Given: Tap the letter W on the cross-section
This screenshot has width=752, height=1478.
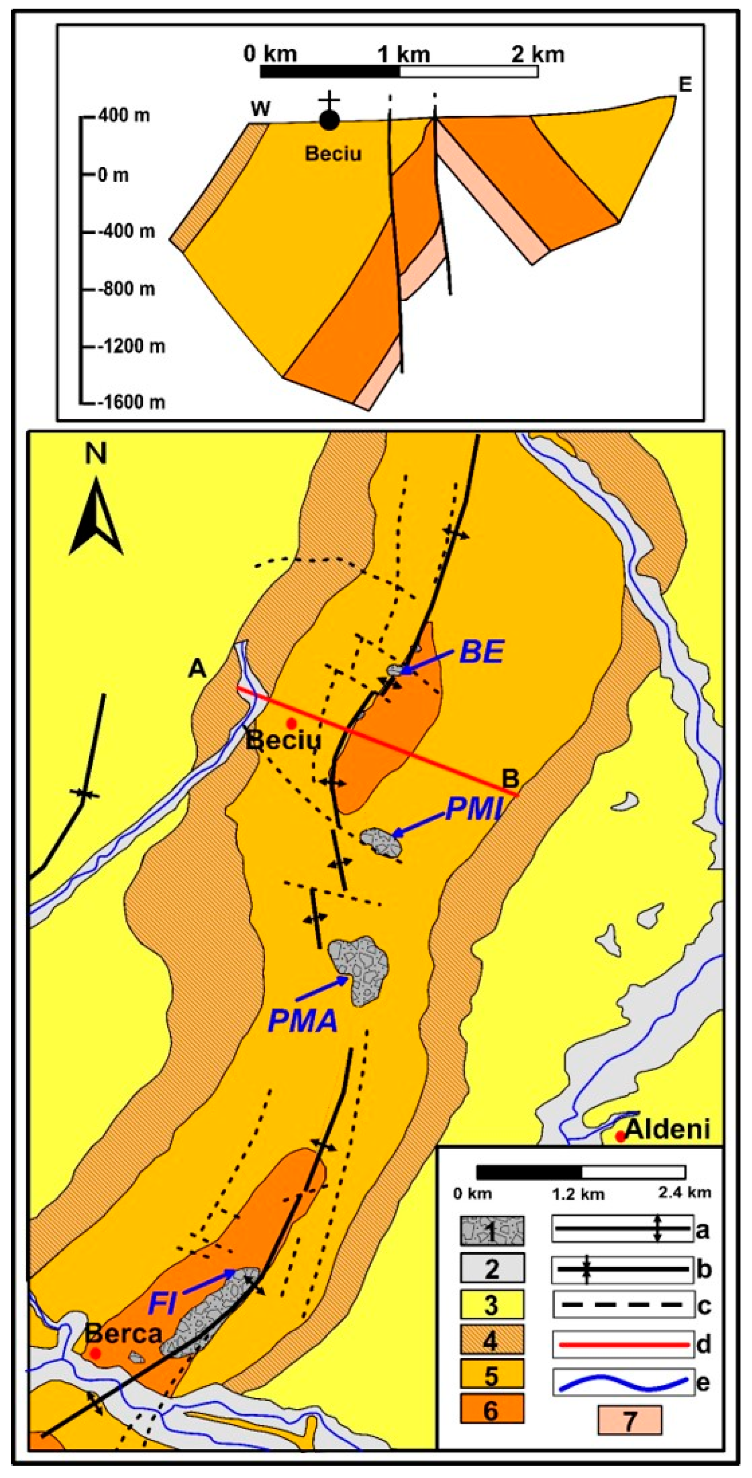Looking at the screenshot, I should (261, 109).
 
